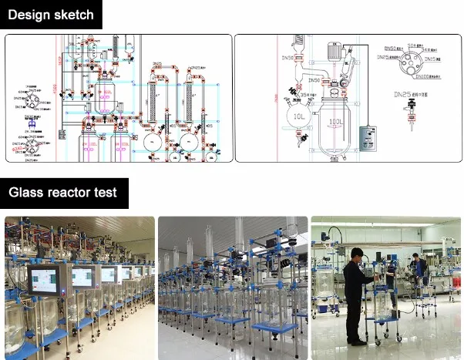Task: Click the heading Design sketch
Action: pos(51,15)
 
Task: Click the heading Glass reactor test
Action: pos(62,191)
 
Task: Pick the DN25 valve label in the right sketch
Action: pos(402,96)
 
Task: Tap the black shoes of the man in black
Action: pos(356,341)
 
